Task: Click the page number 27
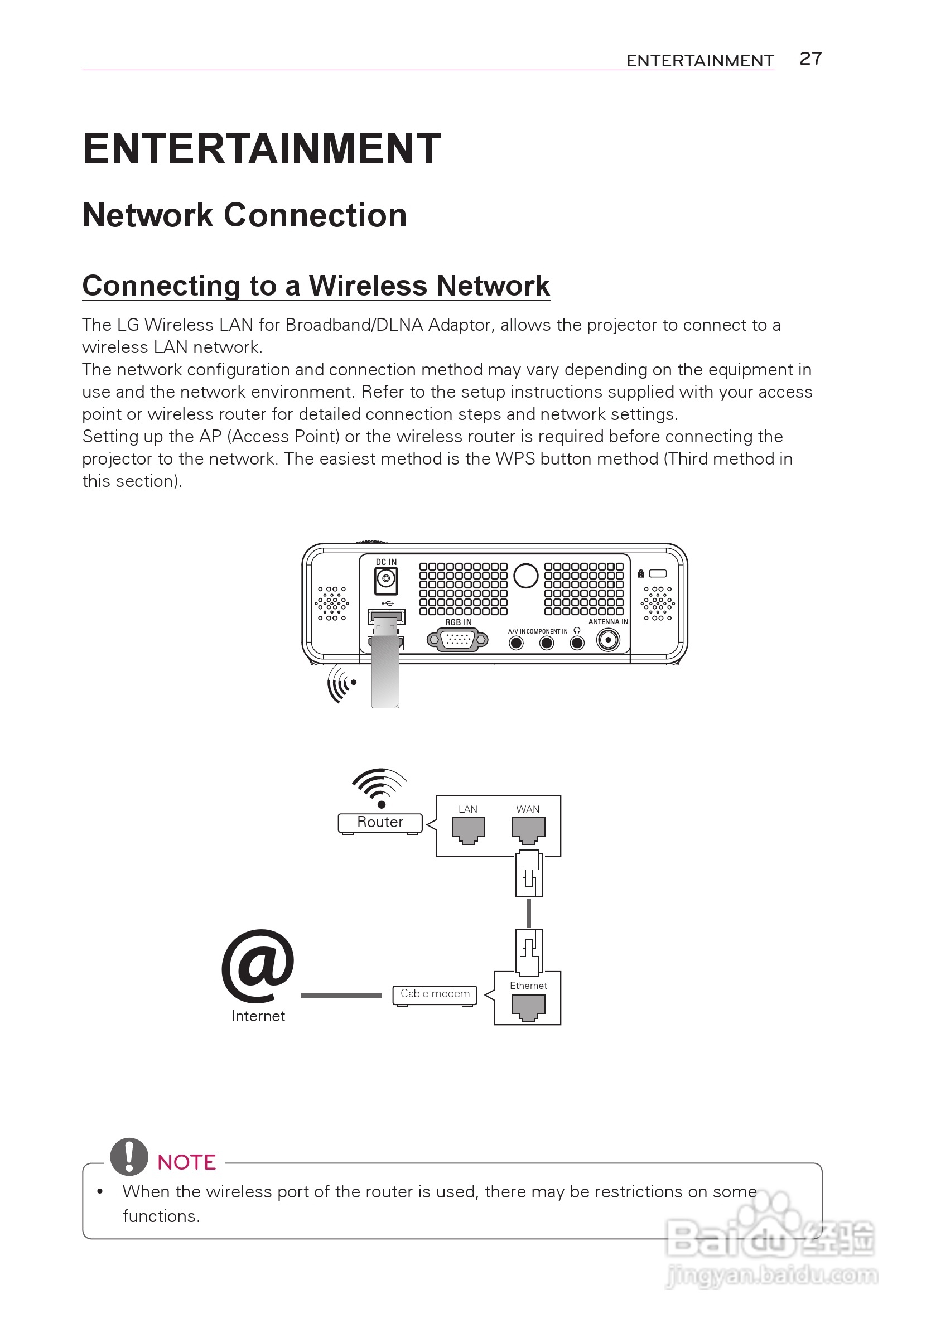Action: tap(810, 59)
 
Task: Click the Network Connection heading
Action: tap(244, 215)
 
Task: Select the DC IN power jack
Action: tap(386, 579)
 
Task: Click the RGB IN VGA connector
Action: tap(457, 640)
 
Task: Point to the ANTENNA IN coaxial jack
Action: tap(608, 640)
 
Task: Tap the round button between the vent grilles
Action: tap(526, 576)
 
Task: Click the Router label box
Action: tap(380, 823)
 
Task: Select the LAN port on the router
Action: tap(467, 830)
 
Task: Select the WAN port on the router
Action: tap(528, 830)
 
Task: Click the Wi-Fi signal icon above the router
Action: tap(380, 786)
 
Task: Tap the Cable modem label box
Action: tap(435, 994)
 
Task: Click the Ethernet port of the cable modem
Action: tap(528, 1008)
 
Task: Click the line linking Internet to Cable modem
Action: tap(341, 996)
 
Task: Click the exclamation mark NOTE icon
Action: tap(129, 1157)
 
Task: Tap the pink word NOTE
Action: tap(186, 1162)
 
